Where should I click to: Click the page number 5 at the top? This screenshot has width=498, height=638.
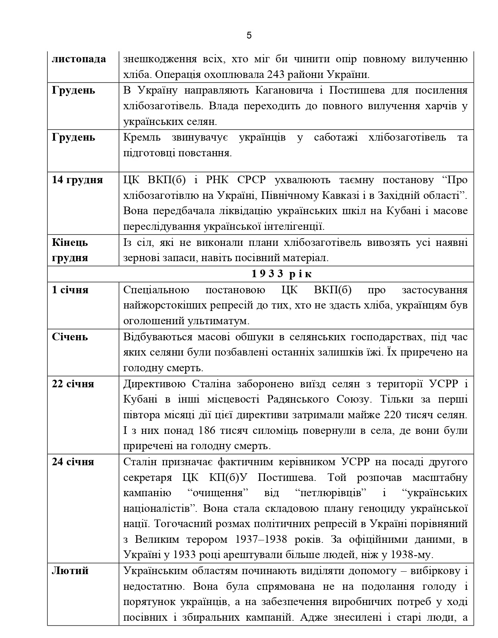[x=249, y=36]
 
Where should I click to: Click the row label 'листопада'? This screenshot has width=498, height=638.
[x=79, y=59]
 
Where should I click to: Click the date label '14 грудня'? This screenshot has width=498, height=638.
[x=77, y=180]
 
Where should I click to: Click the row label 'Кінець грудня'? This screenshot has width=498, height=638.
[x=70, y=250]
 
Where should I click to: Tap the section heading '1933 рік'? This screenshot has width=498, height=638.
[x=282, y=274]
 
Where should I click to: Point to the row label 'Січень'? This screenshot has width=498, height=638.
[x=69, y=337]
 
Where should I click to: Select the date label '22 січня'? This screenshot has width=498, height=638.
[x=73, y=384]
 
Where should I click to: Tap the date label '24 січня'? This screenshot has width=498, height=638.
[x=73, y=462]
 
